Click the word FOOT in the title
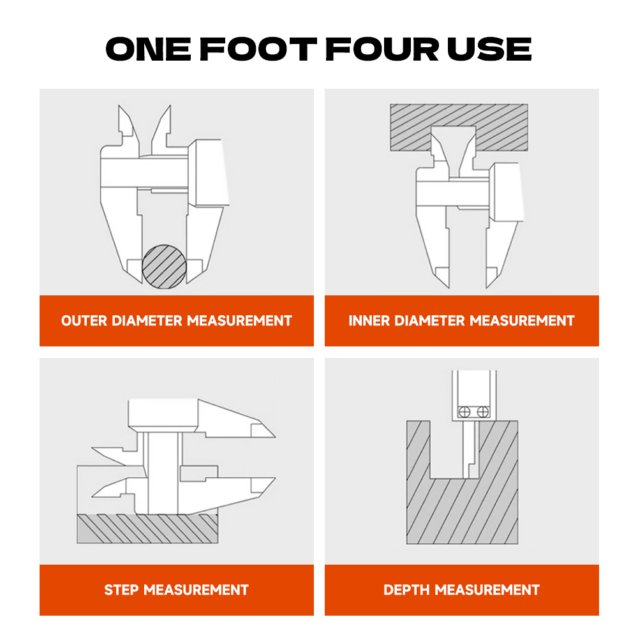click(x=258, y=49)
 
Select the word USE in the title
click(x=489, y=49)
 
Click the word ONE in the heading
click(x=149, y=49)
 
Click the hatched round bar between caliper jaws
click(x=165, y=267)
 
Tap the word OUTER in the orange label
click(x=84, y=321)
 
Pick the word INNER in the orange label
click(x=369, y=321)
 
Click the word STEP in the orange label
click(x=121, y=590)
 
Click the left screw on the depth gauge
click(x=464, y=412)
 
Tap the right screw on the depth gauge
click(x=483, y=412)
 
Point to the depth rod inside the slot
click(x=471, y=450)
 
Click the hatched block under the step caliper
click(x=147, y=528)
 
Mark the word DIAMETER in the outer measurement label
click(x=147, y=321)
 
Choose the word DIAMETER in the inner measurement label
click(x=429, y=321)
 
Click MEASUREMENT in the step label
click(x=196, y=590)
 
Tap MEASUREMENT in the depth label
click(x=487, y=590)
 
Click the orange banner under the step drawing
click(x=177, y=590)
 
